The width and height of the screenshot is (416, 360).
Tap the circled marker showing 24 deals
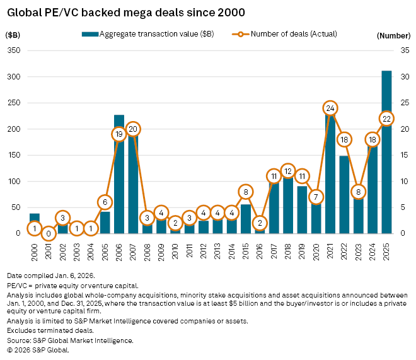(330, 108)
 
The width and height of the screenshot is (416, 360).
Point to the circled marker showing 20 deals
(132, 129)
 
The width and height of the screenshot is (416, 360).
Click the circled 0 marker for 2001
(49, 233)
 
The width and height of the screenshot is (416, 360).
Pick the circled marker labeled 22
(386, 119)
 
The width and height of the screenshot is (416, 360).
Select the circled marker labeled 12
(288, 171)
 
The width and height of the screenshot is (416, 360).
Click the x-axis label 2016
(260, 250)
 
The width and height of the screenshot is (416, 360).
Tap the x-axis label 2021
(330, 250)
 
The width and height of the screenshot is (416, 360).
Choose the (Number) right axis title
(394, 36)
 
